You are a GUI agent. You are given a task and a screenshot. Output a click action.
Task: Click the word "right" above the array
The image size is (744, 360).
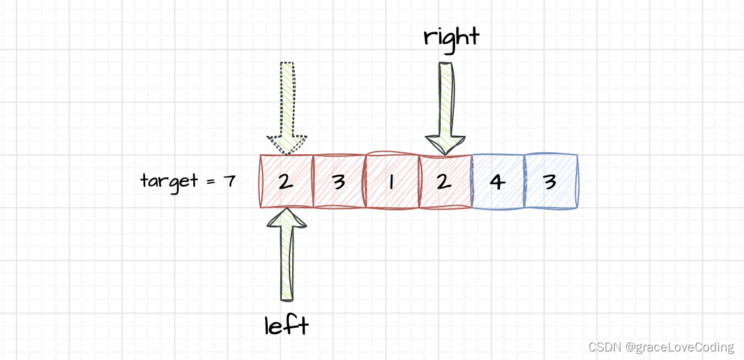coord(451,37)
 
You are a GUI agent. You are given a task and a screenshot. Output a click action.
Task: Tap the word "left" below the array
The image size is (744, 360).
coord(286,325)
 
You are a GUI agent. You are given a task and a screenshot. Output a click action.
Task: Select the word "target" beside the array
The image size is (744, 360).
coord(168,180)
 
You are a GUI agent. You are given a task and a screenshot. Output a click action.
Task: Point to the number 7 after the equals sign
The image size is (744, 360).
coord(229,181)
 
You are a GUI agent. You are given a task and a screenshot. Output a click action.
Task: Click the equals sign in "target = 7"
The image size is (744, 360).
coord(210,181)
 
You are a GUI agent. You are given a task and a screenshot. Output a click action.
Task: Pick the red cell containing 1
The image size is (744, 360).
coord(392,181)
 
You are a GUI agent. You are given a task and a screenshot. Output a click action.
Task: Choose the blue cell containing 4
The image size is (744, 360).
coord(498,181)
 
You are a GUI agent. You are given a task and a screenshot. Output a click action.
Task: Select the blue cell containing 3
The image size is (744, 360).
coord(551,181)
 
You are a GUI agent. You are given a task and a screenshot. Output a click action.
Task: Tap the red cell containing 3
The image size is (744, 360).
coord(338,181)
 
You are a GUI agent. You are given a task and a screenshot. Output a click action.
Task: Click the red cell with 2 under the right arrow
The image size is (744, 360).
coord(445,181)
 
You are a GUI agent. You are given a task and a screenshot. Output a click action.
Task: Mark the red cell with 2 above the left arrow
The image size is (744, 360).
coord(286,181)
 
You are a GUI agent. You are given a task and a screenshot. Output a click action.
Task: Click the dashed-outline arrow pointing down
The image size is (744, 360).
coord(287,105)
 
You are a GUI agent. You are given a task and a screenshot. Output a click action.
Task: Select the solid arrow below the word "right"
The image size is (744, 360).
coord(446,105)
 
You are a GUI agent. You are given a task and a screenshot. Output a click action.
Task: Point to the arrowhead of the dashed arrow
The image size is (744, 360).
coord(287,144)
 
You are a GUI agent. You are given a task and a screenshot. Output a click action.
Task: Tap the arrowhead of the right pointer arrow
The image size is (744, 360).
coord(446,144)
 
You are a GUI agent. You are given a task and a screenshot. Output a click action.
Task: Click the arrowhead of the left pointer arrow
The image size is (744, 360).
coord(286,219)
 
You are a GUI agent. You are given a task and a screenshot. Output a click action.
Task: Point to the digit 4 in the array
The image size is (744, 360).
coord(498,181)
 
